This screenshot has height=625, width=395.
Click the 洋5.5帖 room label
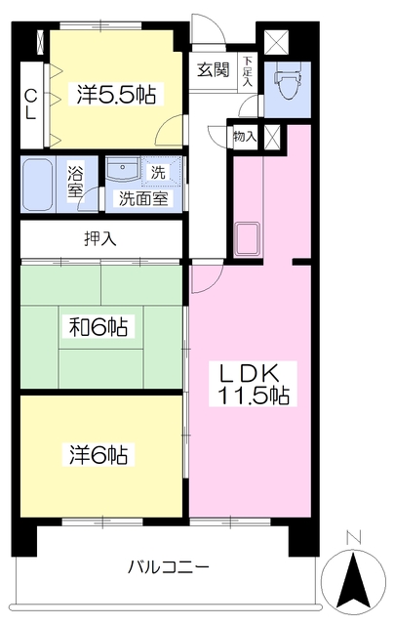[x=116, y=94]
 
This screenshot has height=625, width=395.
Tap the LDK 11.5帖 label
[x=253, y=384]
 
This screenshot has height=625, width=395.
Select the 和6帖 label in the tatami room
[x=99, y=326]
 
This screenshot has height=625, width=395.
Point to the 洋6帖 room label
[x=99, y=454]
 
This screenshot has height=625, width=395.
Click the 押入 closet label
[x=100, y=238]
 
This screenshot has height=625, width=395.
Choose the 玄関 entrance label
[x=214, y=70]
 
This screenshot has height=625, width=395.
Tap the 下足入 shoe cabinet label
[x=248, y=71]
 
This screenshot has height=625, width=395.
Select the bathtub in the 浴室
[x=37, y=185]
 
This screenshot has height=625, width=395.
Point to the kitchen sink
[x=248, y=238]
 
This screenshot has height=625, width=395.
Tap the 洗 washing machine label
[x=158, y=172]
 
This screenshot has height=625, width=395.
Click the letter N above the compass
[x=354, y=538]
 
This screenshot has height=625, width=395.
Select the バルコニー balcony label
[x=168, y=566]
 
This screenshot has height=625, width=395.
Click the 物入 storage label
[x=245, y=137]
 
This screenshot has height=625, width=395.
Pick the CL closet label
[x=30, y=104]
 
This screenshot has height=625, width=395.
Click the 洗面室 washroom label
[x=143, y=198]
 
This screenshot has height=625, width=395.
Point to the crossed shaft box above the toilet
[x=276, y=42]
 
